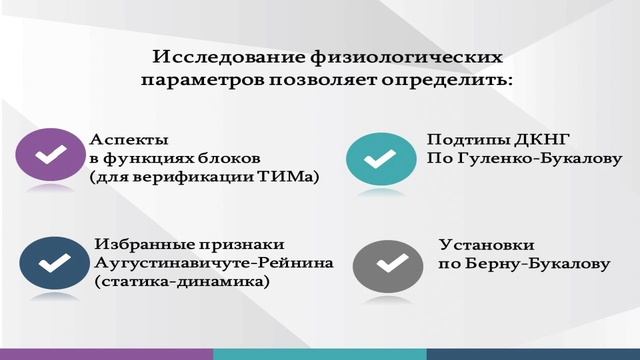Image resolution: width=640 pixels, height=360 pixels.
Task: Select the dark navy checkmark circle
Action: pos(53,263)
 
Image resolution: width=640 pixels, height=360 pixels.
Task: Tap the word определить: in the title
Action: pos(451,79)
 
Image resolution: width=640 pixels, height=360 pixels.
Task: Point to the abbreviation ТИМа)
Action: pos(290,177)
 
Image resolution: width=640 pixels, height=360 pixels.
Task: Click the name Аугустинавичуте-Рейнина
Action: pos(212,264)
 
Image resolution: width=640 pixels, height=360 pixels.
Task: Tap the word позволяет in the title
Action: pos(319,79)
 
